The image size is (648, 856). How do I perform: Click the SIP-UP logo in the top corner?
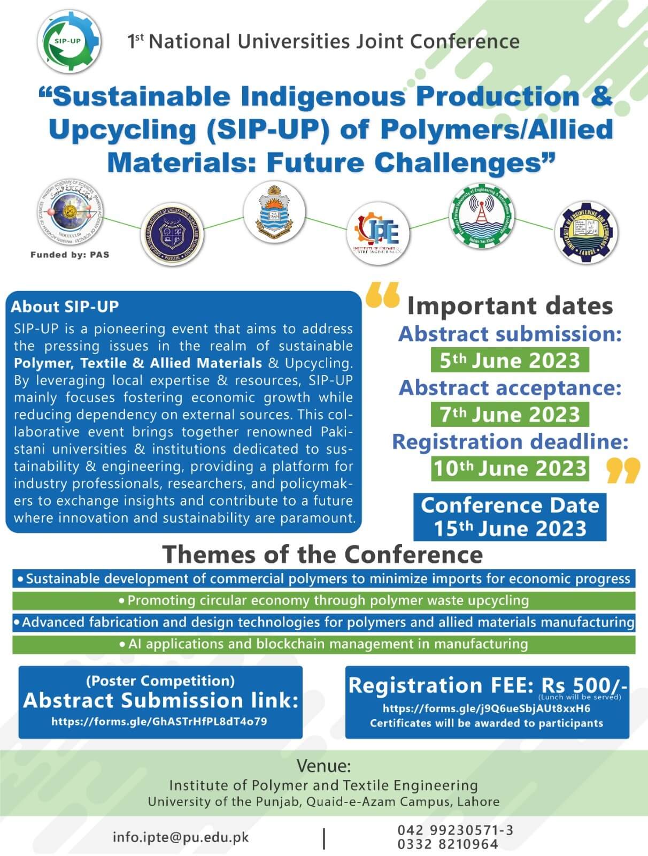pos(70,42)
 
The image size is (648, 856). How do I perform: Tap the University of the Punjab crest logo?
pos(274,212)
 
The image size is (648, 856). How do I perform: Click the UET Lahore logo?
pos(585,232)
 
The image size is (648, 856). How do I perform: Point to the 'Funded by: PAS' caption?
pos(70,255)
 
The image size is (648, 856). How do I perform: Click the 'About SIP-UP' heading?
pos(65,307)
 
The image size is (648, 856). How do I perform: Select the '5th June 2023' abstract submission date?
pos(510,360)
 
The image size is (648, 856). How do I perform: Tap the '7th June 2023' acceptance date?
pos(510,414)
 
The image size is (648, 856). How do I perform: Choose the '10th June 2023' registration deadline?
pos(510,468)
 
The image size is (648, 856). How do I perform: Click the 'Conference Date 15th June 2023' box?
pos(510,517)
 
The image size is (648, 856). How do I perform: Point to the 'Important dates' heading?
pos(510,306)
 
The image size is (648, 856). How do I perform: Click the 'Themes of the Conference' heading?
pos(322,554)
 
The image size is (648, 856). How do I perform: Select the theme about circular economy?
pos(324,600)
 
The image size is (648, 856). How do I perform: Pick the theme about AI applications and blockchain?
pos(324,644)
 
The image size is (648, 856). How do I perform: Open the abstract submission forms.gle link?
pos(159,721)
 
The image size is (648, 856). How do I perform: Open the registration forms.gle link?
pos(487,709)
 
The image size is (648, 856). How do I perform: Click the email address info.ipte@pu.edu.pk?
pos(181,837)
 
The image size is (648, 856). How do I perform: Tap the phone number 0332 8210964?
pos(448,844)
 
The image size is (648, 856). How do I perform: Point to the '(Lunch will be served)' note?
pos(580,697)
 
